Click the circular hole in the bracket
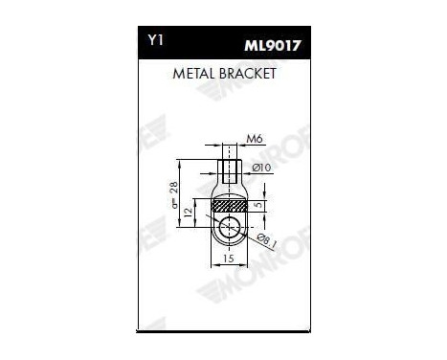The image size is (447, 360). (x=228, y=227)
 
